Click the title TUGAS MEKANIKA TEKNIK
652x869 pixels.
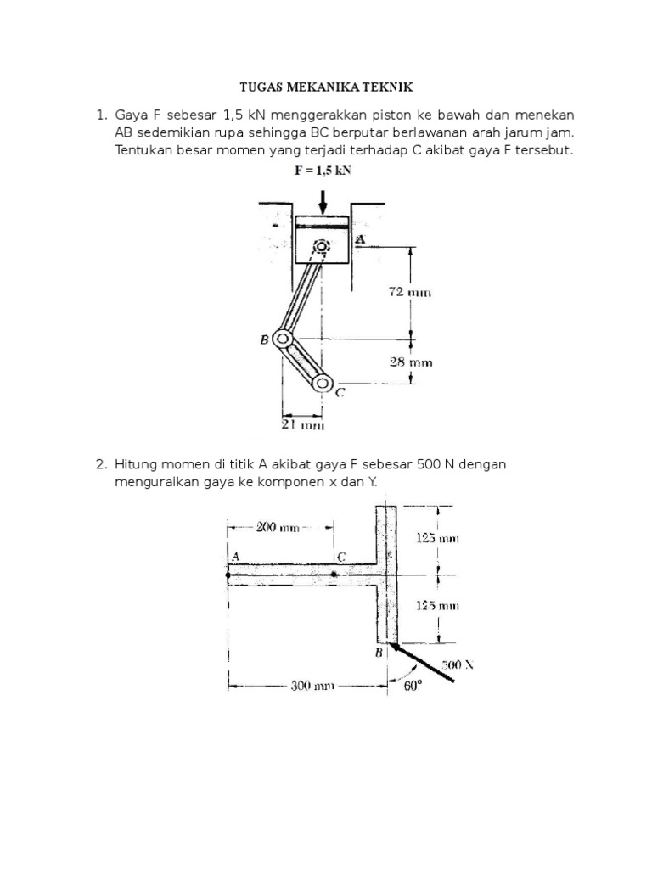click(327, 87)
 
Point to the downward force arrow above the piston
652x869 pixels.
click(323, 202)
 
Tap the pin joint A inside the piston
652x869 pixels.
click(321, 247)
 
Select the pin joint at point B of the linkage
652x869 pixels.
click(280, 340)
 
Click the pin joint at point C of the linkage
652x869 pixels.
click(321, 384)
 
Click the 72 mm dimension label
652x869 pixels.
click(411, 293)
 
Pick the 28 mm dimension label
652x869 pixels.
click(411, 362)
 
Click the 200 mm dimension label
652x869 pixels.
click(278, 527)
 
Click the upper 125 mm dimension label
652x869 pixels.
click(438, 538)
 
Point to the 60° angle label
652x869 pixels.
click(413, 687)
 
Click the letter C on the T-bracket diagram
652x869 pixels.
click(340, 557)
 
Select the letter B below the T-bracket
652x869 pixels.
click(379, 653)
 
